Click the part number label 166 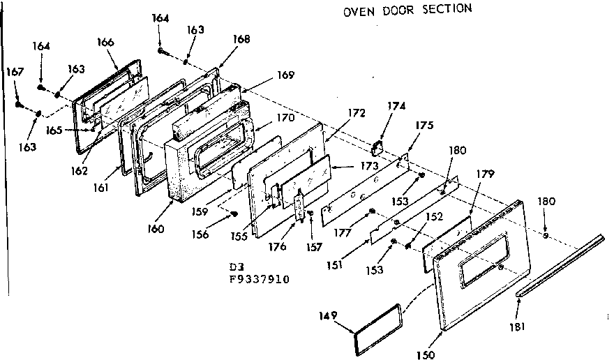105,42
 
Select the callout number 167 15,71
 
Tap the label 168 241,39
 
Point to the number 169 285,75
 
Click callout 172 356,112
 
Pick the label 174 396,106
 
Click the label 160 156,229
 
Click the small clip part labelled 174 378,147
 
